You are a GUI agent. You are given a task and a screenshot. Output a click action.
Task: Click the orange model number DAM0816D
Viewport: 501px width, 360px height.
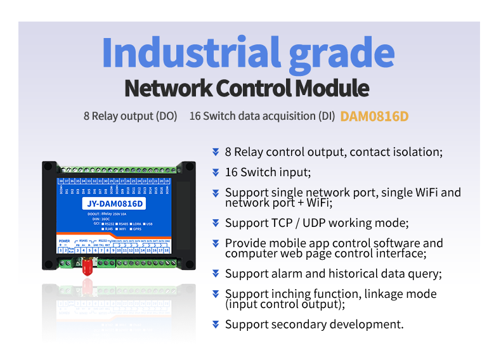(x=374, y=117)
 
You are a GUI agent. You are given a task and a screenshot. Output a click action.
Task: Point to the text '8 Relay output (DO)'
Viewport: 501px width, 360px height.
(x=130, y=117)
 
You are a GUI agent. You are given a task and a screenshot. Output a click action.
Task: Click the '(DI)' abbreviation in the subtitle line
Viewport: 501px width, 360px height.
(x=325, y=117)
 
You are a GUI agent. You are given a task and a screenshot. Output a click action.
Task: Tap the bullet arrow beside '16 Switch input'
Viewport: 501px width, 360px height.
(x=216, y=172)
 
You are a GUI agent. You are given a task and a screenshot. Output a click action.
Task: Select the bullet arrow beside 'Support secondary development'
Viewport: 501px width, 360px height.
(x=216, y=325)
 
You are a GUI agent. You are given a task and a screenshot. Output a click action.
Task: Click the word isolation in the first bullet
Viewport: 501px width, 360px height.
(x=415, y=152)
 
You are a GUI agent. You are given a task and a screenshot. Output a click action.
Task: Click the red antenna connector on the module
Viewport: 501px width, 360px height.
(x=87, y=267)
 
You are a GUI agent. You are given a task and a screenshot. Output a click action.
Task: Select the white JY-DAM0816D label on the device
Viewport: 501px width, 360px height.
(x=114, y=204)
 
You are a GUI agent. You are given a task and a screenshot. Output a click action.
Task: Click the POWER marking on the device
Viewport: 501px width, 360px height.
(x=64, y=241)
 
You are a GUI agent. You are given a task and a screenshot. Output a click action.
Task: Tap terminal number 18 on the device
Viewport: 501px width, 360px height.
(x=167, y=250)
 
